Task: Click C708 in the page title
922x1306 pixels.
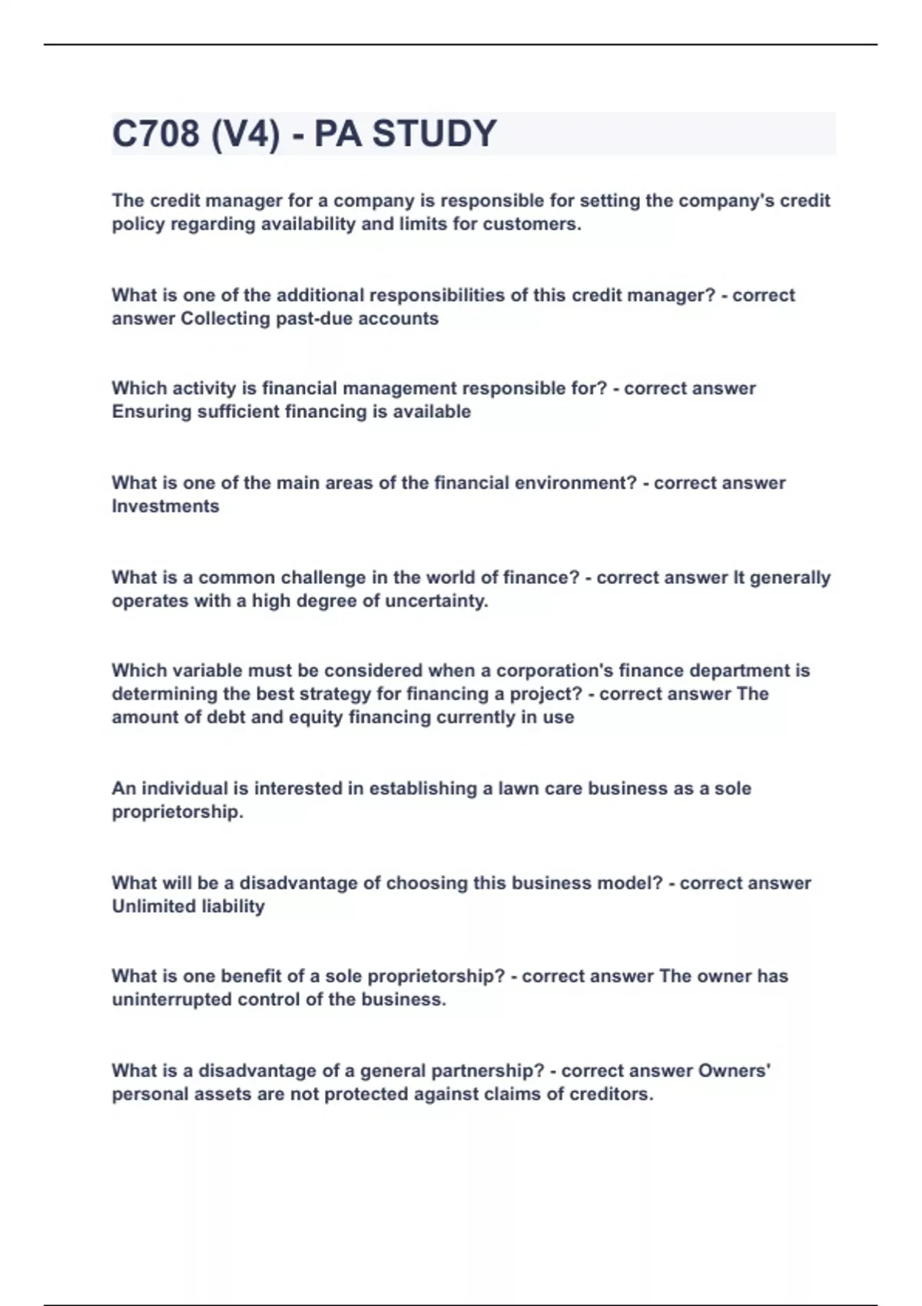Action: pos(155,134)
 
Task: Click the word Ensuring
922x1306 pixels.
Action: pos(152,412)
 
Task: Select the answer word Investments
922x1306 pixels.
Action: pos(165,506)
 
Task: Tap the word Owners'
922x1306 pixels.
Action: pos(735,1071)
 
